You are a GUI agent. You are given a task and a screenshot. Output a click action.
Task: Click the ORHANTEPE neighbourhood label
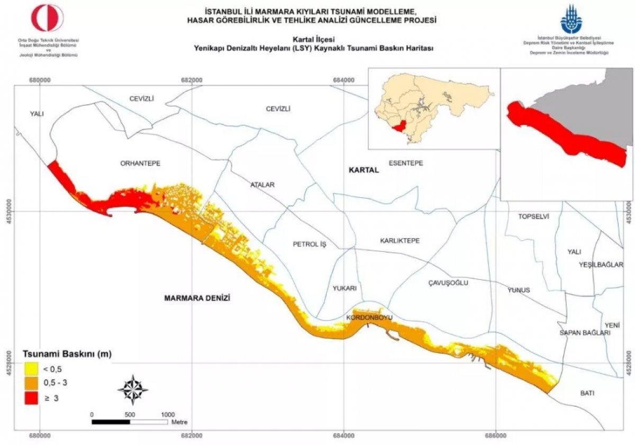[140, 164]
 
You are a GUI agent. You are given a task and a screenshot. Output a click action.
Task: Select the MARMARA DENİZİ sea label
[197, 298]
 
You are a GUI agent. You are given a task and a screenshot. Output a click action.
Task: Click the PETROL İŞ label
[311, 244]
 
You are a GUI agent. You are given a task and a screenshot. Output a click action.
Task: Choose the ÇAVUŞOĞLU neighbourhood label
[448, 283]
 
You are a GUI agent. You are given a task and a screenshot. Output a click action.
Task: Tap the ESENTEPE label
[406, 163]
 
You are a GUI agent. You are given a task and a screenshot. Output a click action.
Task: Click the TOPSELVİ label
[533, 217]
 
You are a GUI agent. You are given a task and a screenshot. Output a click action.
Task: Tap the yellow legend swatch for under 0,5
[30, 369]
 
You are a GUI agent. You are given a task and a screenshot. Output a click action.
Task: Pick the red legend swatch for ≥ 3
[30, 398]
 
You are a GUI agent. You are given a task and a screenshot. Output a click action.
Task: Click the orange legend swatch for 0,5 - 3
[30, 383]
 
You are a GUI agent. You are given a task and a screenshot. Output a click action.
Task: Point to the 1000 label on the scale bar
[168, 414]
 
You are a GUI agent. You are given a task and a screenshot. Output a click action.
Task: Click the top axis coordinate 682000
[192, 80]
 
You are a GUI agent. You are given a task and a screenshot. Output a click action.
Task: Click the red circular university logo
[48, 18]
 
